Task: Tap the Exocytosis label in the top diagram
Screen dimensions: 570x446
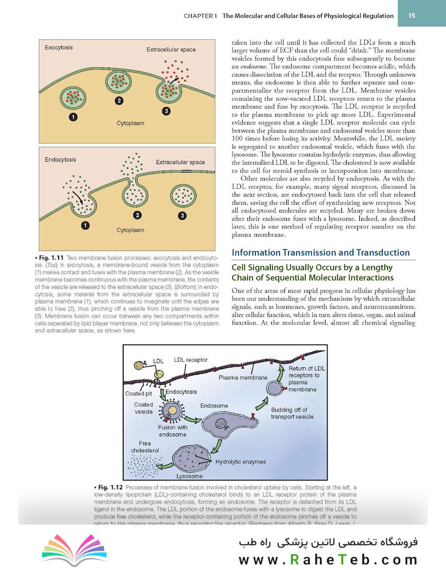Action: click(x=59, y=47)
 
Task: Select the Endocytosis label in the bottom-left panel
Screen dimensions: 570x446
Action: click(x=60, y=159)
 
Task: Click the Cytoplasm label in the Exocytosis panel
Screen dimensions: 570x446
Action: click(x=130, y=123)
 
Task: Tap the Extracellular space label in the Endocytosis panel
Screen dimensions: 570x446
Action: click(x=180, y=162)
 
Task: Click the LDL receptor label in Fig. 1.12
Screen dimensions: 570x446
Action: click(x=191, y=359)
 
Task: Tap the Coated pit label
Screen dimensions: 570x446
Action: click(x=138, y=394)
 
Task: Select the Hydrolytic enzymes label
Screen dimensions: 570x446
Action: click(x=240, y=461)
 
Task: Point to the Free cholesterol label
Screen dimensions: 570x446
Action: click(x=145, y=447)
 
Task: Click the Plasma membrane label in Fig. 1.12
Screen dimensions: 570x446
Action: click(x=243, y=377)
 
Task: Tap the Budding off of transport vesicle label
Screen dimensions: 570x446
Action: click(x=292, y=413)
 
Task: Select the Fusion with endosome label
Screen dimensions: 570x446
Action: click(x=172, y=431)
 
